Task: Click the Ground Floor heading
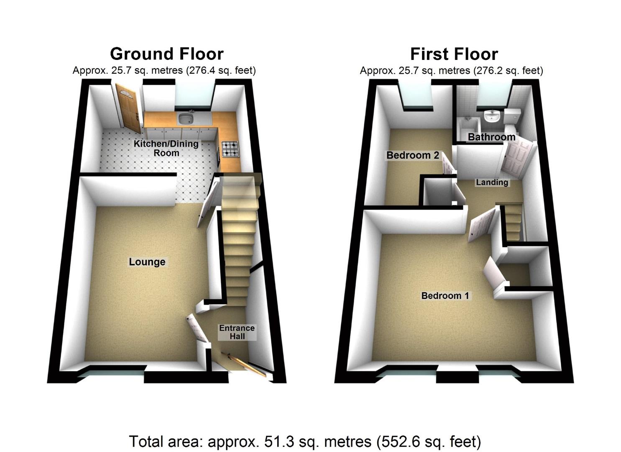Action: [x=166, y=54]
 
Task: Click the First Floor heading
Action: [x=454, y=54]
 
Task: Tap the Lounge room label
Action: [x=147, y=262]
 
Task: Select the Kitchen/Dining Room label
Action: [x=166, y=148]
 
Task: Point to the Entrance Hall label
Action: [x=237, y=332]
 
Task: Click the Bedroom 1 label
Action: [x=445, y=295]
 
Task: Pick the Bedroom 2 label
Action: [x=412, y=155]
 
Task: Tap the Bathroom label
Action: [x=491, y=137]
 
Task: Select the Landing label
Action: [x=492, y=182]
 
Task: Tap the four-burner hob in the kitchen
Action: [x=231, y=149]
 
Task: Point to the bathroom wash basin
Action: [x=492, y=116]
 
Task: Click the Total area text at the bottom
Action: [x=305, y=442]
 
